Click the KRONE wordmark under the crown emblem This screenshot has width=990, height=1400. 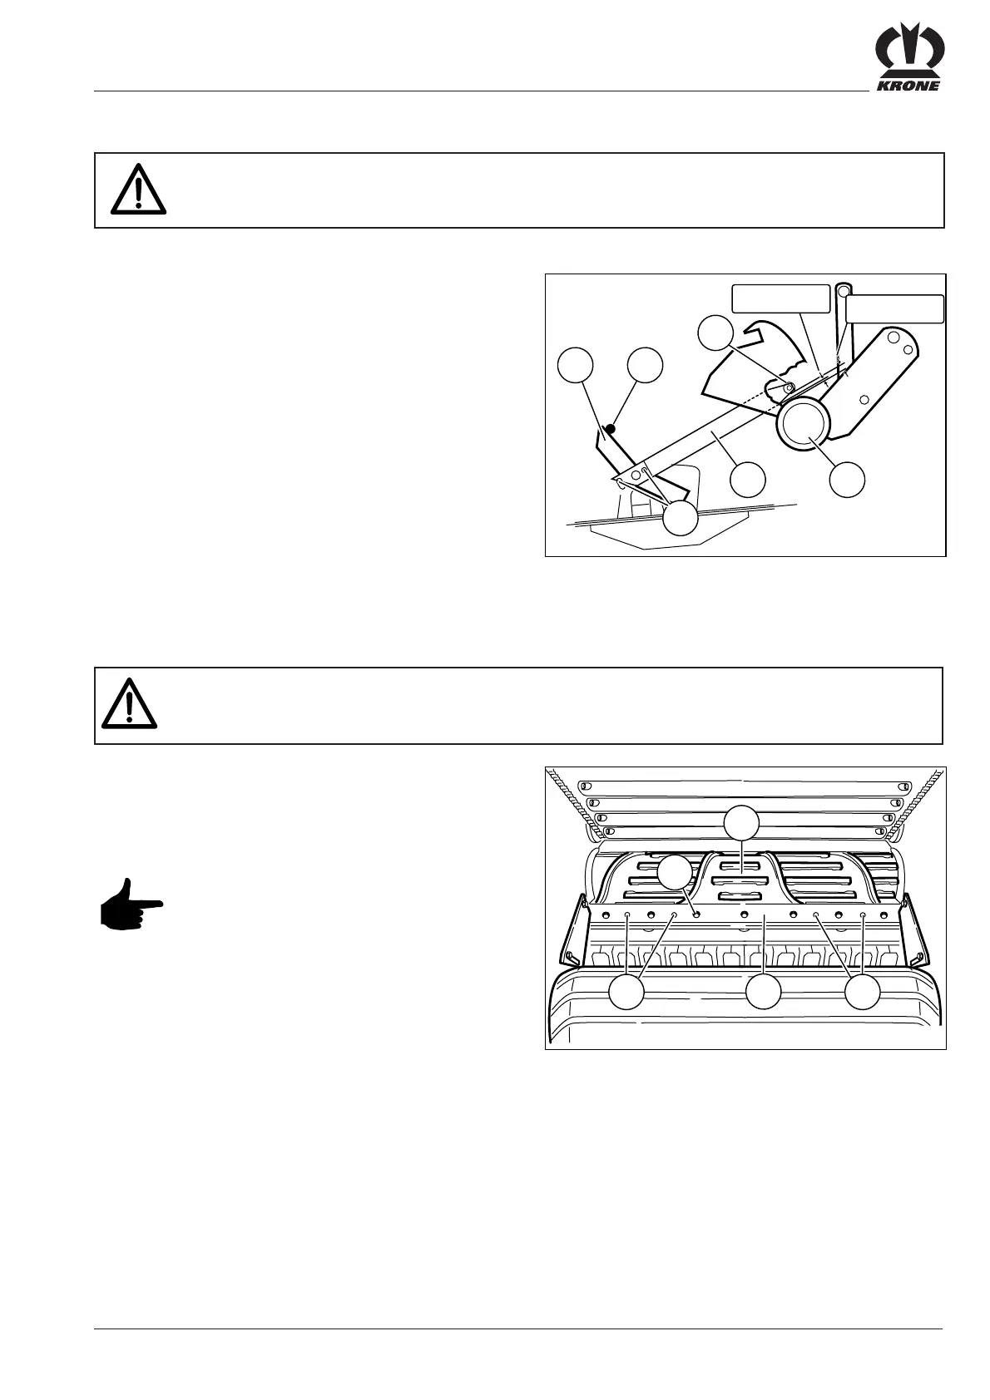click(x=907, y=86)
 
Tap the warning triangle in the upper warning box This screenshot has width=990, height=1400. click(x=138, y=190)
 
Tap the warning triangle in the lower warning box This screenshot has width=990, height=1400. click(x=130, y=703)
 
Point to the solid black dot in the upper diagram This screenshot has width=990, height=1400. click(x=610, y=429)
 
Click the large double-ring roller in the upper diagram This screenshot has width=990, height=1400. click(x=804, y=422)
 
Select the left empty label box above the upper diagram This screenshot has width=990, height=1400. click(x=780, y=298)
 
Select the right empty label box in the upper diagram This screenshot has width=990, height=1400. click(x=895, y=308)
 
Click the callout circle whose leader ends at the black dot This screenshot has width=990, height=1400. click(x=646, y=366)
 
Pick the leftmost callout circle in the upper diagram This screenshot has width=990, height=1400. click(x=576, y=366)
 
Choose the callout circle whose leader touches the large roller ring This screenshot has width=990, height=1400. click(x=848, y=481)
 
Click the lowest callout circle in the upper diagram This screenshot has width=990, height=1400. click(x=680, y=519)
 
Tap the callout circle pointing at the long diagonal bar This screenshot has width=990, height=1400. click(x=747, y=480)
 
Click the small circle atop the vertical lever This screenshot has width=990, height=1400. click(x=843, y=291)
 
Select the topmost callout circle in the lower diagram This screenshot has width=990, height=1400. click(x=740, y=824)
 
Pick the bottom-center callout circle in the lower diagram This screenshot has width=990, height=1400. click(x=763, y=992)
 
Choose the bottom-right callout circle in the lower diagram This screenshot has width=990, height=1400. click(x=863, y=993)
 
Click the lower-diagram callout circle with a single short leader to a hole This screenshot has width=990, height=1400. click(x=675, y=874)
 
